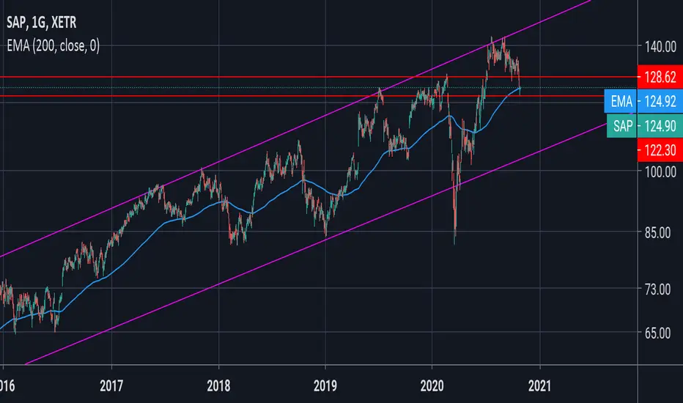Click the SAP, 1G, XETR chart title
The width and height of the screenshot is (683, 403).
(41, 22)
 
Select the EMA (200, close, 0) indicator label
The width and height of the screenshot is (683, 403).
(53, 45)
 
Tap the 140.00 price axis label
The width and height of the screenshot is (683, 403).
(660, 47)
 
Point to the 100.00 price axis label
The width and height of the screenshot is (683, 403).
(660, 171)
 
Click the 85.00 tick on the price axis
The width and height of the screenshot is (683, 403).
(658, 233)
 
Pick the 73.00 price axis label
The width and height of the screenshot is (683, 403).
(658, 289)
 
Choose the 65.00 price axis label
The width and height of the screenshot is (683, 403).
(658, 333)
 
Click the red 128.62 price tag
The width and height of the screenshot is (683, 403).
(660, 77)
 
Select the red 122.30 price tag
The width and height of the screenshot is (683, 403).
(660, 150)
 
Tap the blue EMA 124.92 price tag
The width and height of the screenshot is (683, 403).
(643, 102)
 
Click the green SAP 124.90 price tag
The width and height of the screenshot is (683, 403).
(645, 126)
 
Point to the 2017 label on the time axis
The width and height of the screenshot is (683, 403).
(111, 385)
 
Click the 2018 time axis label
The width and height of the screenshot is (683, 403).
(218, 385)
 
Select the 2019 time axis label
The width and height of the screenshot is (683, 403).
(325, 385)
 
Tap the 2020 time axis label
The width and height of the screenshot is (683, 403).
(432, 385)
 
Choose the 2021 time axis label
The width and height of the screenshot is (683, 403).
(539, 385)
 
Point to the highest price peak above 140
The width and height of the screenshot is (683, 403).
(492, 37)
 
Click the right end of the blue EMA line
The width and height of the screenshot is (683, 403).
(520, 88)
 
